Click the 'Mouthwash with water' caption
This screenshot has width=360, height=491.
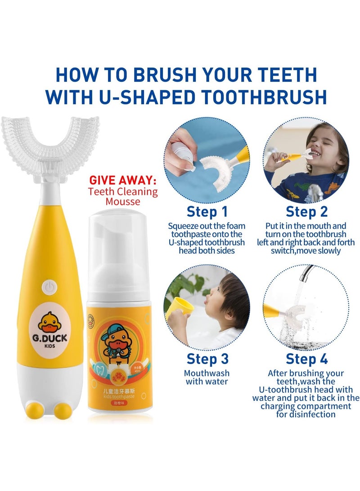click(207, 377)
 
